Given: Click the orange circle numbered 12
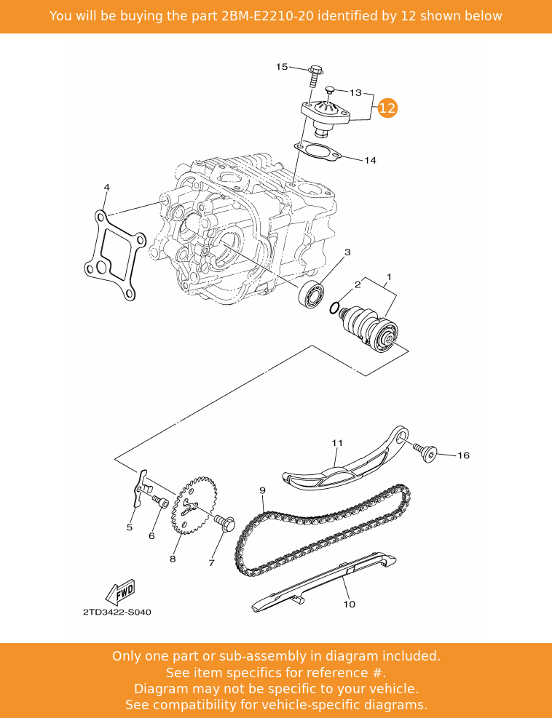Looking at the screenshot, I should point(387,108).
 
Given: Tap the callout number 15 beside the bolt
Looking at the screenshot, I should point(282,67).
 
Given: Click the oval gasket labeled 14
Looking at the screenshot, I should point(315,151).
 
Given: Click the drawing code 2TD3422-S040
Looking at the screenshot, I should point(117,612).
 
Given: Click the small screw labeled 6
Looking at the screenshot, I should point(160,501).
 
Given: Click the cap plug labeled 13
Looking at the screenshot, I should point(329,91).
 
